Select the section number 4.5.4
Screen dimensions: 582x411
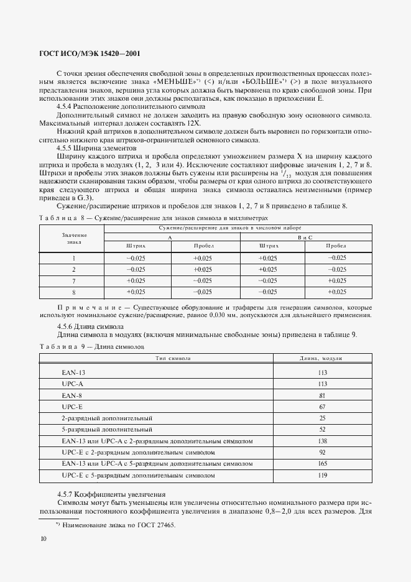[66, 106]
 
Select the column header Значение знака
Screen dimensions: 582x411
[74, 239]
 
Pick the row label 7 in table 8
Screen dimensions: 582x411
[74, 280]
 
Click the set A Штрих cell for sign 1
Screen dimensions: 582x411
[136, 258]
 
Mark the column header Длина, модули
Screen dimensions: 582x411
[321, 359]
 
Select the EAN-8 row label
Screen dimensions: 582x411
[72, 395]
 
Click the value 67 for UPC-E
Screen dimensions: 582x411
[322, 407]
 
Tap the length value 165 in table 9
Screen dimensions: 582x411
[322, 464]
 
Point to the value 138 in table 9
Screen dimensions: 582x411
[322, 441]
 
